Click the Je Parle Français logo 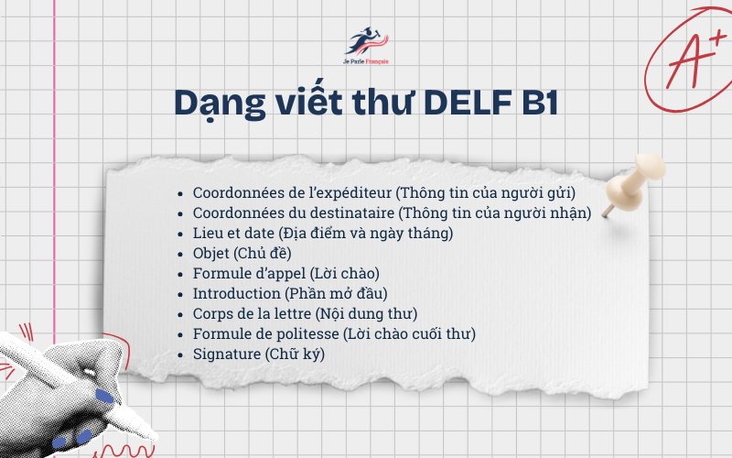(365, 45)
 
